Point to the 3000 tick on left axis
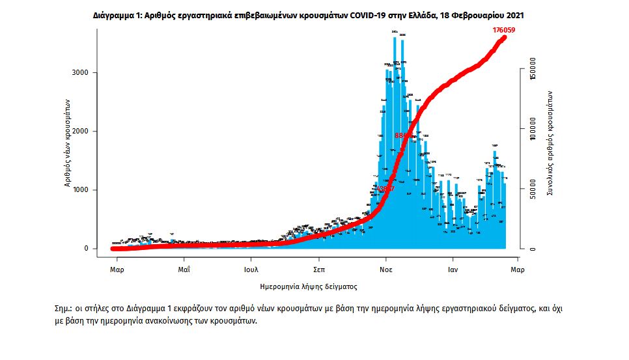tap(80, 73)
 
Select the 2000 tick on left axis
tap(80, 132)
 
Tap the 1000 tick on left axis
tap(80, 190)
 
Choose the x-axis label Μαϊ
tap(184, 268)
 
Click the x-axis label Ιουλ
tap(252, 268)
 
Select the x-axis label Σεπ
tap(319, 268)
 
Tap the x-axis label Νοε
tap(386, 268)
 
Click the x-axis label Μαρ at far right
tap(517, 268)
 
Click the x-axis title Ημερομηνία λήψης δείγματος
tap(308, 286)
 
